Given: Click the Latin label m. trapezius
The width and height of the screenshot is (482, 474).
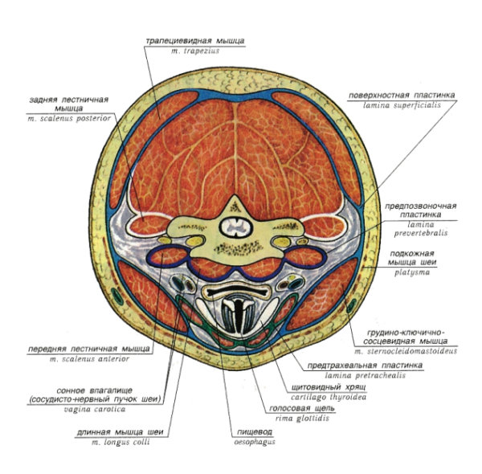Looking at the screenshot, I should tap(194, 51).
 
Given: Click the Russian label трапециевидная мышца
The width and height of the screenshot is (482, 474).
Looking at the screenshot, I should tap(194, 39).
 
